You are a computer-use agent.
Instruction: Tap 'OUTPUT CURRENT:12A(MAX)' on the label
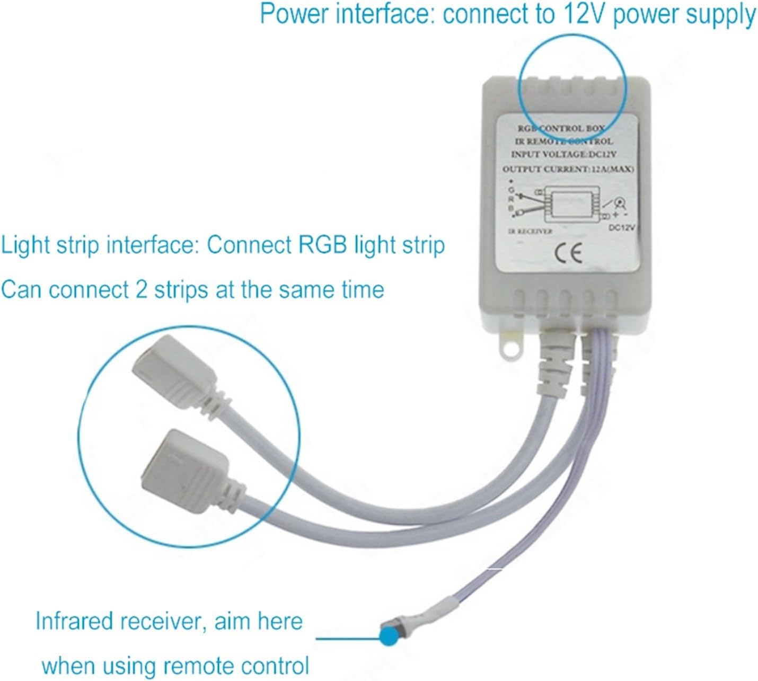point(568,169)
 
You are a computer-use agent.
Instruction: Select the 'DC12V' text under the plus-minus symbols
point(621,227)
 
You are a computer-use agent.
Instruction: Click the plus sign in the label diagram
point(615,215)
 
